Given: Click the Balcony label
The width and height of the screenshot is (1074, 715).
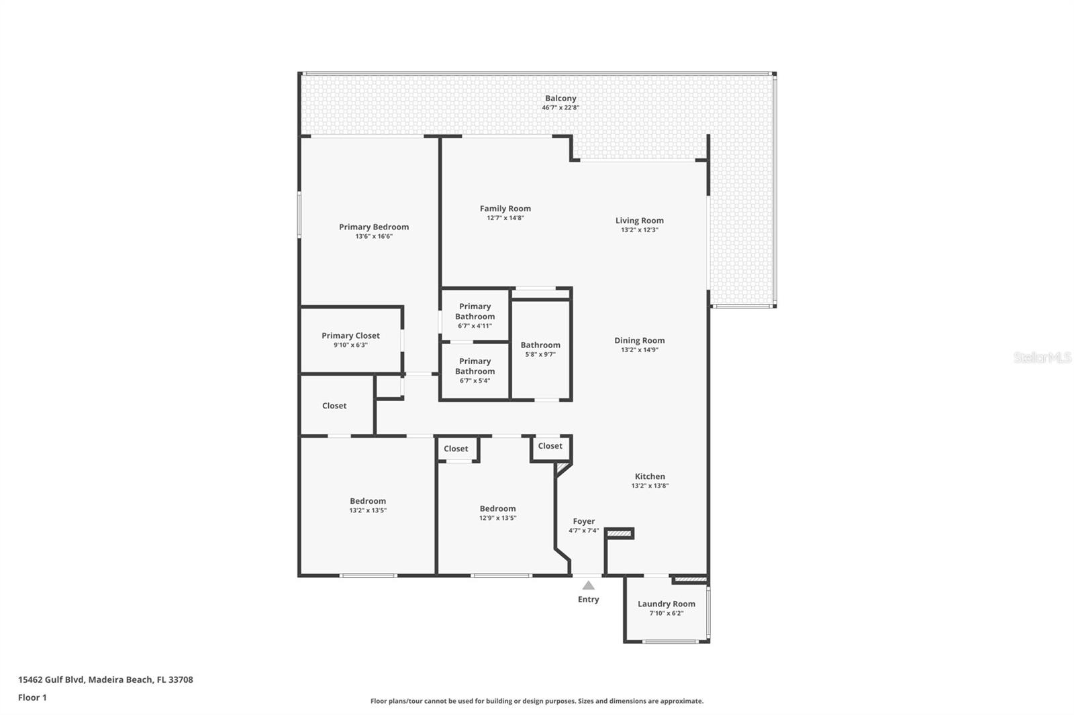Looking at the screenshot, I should pos(560,99).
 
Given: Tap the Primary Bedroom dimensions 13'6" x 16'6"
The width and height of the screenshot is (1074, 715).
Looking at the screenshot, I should pos(374,236).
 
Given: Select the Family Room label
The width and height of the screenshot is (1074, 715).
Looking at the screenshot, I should pos(505,209).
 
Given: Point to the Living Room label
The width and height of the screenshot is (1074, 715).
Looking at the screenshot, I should pos(639,221).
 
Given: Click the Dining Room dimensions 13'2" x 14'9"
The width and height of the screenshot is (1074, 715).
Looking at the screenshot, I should pos(639,349).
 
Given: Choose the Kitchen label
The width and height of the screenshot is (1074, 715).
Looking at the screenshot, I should pos(650,476).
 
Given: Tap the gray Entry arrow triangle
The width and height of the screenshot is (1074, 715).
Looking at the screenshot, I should pos(588,586).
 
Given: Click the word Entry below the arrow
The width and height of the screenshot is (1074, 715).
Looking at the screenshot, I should pos(588,600).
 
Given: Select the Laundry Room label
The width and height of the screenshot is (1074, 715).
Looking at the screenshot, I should pos(666,604).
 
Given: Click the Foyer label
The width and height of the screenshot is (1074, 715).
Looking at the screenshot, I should pos(583,521).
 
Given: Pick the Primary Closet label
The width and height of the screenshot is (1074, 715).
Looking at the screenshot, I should pos(350,335).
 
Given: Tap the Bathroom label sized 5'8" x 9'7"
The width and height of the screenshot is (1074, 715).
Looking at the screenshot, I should pos(540,345).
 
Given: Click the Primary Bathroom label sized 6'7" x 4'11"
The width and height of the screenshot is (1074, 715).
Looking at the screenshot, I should pos(475,311).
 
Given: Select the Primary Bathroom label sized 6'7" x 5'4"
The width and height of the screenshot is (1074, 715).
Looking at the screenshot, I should pos(475,366).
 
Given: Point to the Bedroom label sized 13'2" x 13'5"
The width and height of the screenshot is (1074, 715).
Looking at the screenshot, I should pos(368,501).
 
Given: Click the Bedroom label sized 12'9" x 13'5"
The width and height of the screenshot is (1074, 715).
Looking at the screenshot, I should pos(497,508).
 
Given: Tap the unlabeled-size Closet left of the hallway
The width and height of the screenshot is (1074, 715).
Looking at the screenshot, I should pos(334,406).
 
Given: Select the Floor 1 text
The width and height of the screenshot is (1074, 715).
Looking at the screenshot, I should pos(32,698).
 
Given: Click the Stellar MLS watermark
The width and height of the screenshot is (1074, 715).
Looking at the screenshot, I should pos(1042,357).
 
